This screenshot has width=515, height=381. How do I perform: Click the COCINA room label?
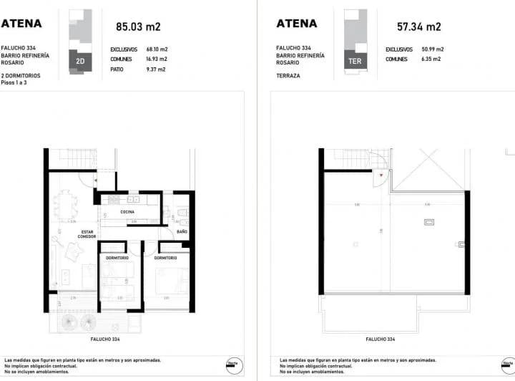tap(127, 212)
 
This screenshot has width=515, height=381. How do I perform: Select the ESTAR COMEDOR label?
tap(88, 234)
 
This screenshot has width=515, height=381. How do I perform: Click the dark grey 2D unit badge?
tap(80, 62)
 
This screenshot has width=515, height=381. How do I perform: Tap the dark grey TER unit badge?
tap(355, 62)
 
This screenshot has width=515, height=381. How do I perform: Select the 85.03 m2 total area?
tap(138, 28)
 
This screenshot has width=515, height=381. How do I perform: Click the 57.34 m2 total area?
tap(418, 28)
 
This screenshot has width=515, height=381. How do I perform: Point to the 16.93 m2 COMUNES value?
tap(156, 59)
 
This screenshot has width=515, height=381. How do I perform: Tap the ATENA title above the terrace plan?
tap(296, 24)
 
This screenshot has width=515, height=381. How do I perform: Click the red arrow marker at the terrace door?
tap(382, 175)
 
